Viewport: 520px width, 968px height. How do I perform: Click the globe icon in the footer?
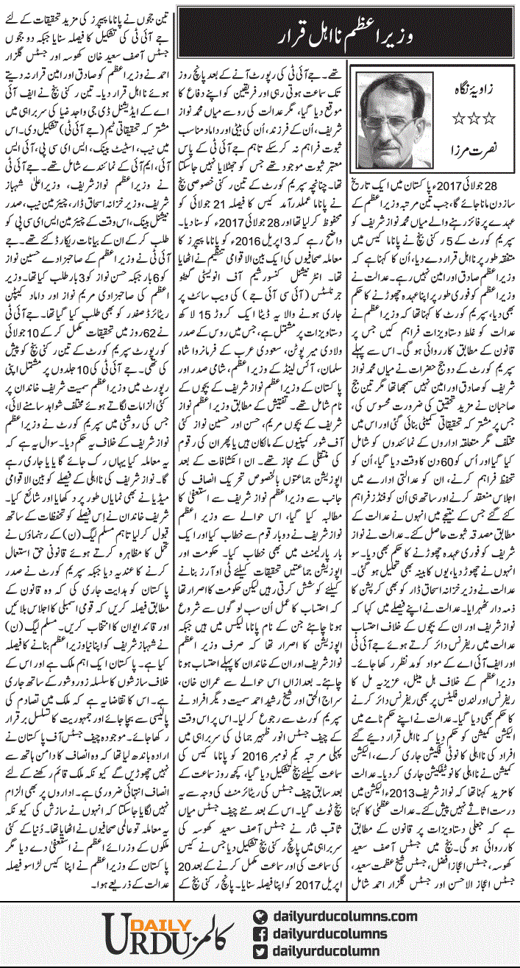pyautogui.click(x=259, y=914)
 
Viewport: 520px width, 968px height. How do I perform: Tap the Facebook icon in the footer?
pyautogui.click(x=259, y=933)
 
